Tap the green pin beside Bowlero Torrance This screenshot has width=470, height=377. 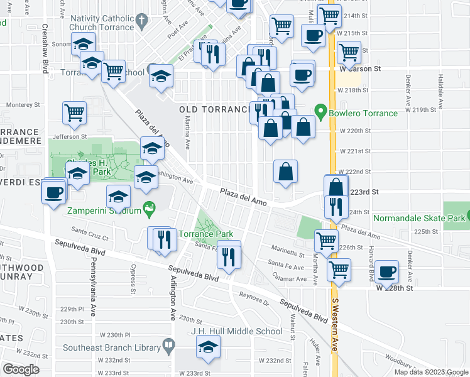point(321,113)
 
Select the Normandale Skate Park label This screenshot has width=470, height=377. point(415,219)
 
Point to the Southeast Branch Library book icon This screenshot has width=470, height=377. point(168,344)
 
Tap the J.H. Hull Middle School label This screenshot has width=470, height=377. point(237,331)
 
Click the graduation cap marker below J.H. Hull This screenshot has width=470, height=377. point(209,346)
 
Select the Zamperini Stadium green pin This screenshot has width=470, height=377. point(149,207)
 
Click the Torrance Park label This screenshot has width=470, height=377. point(206,234)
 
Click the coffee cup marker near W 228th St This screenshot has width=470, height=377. point(387,271)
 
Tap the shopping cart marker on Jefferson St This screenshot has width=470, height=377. point(74,112)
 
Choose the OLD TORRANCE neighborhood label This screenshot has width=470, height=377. point(216,109)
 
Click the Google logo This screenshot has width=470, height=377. point(21,369)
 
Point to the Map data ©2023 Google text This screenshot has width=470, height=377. point(431,372)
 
